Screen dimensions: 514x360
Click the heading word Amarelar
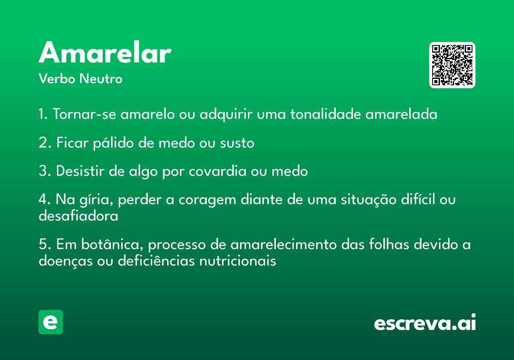point(105,52)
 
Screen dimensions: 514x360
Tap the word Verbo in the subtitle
point(57,78)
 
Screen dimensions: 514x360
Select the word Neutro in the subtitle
point(101,78)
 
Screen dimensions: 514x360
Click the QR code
point(452,65)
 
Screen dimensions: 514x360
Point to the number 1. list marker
point(43,114)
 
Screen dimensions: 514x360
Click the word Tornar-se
point(84,114)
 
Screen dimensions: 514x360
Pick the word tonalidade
point(326,114)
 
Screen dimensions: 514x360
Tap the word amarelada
point(401,114)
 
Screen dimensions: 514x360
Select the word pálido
point(114,143)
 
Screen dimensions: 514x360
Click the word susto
point(237,143)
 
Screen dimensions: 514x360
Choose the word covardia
point(218,171)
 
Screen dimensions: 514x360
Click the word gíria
point(96,200)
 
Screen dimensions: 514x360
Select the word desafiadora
point(78,216)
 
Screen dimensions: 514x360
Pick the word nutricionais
point(237,261)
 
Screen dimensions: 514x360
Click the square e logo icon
point(51,322)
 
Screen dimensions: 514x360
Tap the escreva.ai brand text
point(425,322)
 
